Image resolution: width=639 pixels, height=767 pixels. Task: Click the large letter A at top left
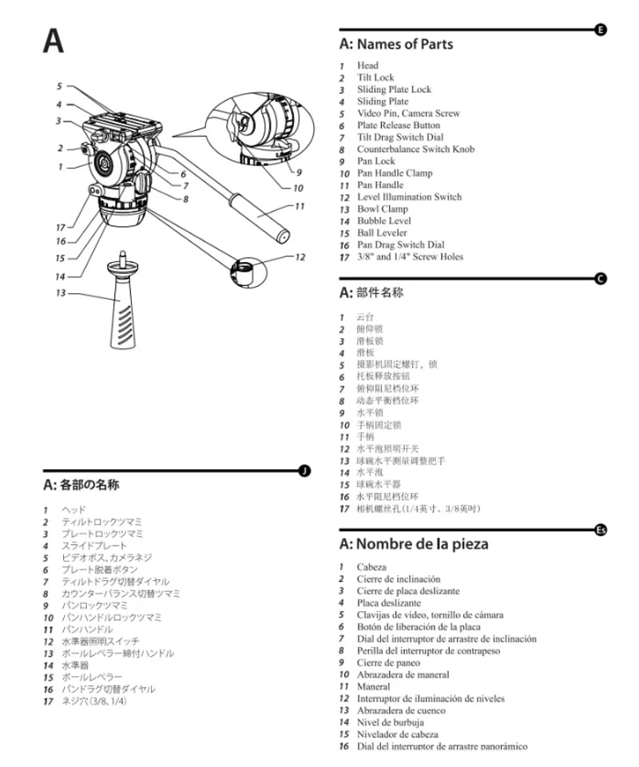[x=54, y=42]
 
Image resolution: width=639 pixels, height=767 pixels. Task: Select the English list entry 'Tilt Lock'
[x=375, y=77]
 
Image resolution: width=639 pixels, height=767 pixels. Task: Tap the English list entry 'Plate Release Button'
[x=398, y=125]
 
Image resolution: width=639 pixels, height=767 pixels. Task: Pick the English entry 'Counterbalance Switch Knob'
[x=415, y=149]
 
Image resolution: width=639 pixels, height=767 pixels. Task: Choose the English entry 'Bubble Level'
[x=383, y=221]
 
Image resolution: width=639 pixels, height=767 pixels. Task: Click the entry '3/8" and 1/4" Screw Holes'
[x=410, y=256]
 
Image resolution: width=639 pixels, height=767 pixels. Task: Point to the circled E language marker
[x=601, y=30]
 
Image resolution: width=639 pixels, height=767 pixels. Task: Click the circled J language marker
[x=304, y=471]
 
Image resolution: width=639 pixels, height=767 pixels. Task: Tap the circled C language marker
[x=601, y=278]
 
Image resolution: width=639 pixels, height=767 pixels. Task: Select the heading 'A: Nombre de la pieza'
[x=414, y=544]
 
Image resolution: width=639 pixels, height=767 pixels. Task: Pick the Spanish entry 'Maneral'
[x=373, y=686]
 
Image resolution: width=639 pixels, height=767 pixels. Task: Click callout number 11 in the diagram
[x=300, y=206]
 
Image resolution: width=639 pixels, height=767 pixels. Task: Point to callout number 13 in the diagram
[x=61, y=292]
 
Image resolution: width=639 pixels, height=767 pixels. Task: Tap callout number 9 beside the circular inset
[x=299, y=172]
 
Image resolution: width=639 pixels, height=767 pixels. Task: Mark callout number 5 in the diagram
[x=59, y=86]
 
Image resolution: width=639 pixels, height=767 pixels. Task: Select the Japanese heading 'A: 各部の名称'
[x=81, y=485]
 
